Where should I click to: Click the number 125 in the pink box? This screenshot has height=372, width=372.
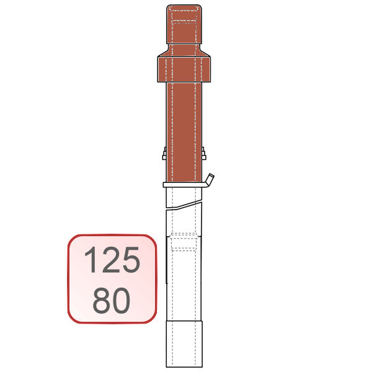[112, 260]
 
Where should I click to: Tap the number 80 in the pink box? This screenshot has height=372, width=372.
[111, 301]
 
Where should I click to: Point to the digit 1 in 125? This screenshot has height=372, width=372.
[91, 260]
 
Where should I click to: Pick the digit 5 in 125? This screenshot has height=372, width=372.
[130, 260]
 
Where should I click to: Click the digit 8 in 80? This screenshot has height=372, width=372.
[101, 301]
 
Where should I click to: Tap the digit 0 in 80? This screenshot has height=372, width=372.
[122, 301]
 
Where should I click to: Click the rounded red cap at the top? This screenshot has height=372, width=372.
[184, 24]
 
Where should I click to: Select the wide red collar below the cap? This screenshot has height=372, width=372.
[184, 69]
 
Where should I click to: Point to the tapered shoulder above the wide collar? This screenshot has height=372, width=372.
[184, 50]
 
